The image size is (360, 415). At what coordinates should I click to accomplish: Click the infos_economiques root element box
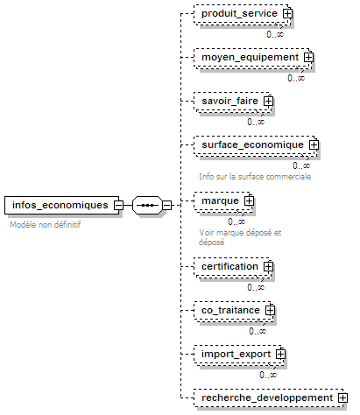coord(61,205)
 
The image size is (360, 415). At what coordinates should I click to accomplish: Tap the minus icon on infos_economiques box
coord(118,205)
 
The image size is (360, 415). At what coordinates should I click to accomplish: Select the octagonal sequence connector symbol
coord(147,205)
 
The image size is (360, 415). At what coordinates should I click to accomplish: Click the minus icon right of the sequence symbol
coord(166,205)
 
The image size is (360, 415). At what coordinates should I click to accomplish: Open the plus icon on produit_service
coord(287,13)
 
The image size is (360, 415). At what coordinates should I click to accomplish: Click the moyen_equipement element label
coord(251,57)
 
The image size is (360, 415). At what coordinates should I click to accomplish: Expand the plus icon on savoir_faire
coord(268,101)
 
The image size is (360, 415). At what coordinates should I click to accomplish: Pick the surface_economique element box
coord(256,145)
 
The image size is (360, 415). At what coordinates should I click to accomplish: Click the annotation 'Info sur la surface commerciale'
coord(255,177)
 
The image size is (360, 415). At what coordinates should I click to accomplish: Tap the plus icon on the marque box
coord(249,200)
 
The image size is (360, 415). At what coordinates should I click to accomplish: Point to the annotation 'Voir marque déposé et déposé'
coord(240,237)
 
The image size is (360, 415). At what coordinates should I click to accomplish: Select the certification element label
coord(229,266)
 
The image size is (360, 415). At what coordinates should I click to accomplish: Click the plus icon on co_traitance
coord(270,310)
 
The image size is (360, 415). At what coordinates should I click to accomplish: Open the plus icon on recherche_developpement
coord(342,397)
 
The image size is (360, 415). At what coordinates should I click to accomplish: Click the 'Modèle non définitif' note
coord(46,225)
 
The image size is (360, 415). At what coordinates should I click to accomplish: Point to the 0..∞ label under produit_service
coord(275,34)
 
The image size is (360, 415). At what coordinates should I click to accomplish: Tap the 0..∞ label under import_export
coord(268,375)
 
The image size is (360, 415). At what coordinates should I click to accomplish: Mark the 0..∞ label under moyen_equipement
coord(296,78)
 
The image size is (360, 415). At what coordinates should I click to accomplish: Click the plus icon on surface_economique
coord(314,144)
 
